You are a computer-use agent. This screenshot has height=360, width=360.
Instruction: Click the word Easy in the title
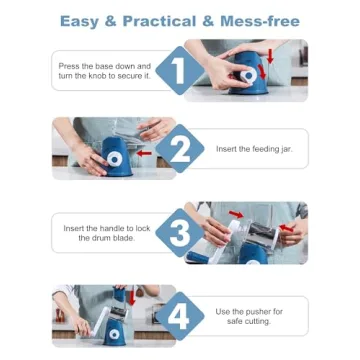82,20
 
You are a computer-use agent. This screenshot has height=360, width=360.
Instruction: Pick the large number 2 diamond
180,149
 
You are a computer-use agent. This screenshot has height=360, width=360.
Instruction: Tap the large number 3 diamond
177,234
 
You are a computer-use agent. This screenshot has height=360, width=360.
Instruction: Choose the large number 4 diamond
180,315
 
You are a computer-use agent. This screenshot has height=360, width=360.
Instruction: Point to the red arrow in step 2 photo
146,154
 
